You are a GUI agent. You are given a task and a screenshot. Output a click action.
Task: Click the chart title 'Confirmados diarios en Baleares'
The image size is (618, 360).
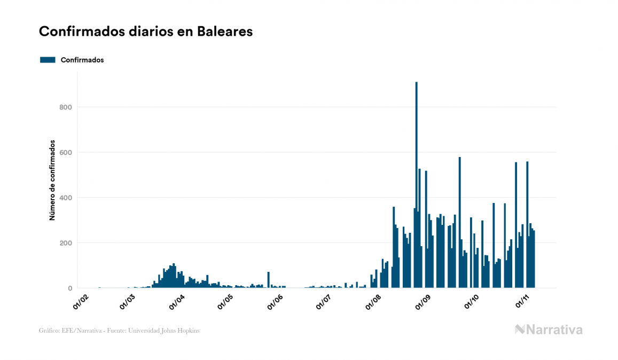(146, 32)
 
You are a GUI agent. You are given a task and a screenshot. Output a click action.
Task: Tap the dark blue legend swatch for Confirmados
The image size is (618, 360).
(48, 60)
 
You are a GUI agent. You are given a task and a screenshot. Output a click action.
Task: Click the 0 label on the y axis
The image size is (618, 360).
(70, 288)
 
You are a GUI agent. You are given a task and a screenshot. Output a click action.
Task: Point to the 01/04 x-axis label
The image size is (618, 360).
(177, 302)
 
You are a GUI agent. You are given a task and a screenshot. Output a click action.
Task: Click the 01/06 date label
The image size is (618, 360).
(275, 302)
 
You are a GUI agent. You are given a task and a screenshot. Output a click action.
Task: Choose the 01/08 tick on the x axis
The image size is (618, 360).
(373, 302)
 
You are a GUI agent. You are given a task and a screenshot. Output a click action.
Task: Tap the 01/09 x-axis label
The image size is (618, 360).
(423, 302)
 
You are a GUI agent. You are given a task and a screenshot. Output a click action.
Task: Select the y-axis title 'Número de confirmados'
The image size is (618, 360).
(52, 181)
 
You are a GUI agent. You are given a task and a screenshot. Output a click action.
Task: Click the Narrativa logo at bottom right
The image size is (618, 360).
(549, 330)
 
